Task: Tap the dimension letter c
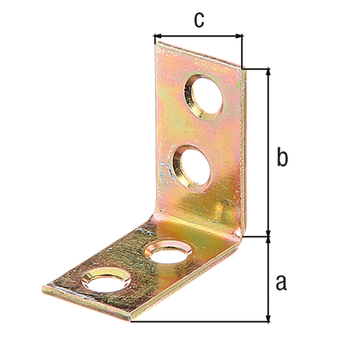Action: coord(199,19)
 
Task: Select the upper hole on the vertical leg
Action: coord(204,96)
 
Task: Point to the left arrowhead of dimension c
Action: coord(158,36)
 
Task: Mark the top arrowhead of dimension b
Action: coord(268,73)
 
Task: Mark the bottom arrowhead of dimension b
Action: coord(268,232)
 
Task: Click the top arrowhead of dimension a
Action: coord(268,241)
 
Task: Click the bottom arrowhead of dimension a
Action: coord(268,317)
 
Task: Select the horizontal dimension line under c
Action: coord(198,36)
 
